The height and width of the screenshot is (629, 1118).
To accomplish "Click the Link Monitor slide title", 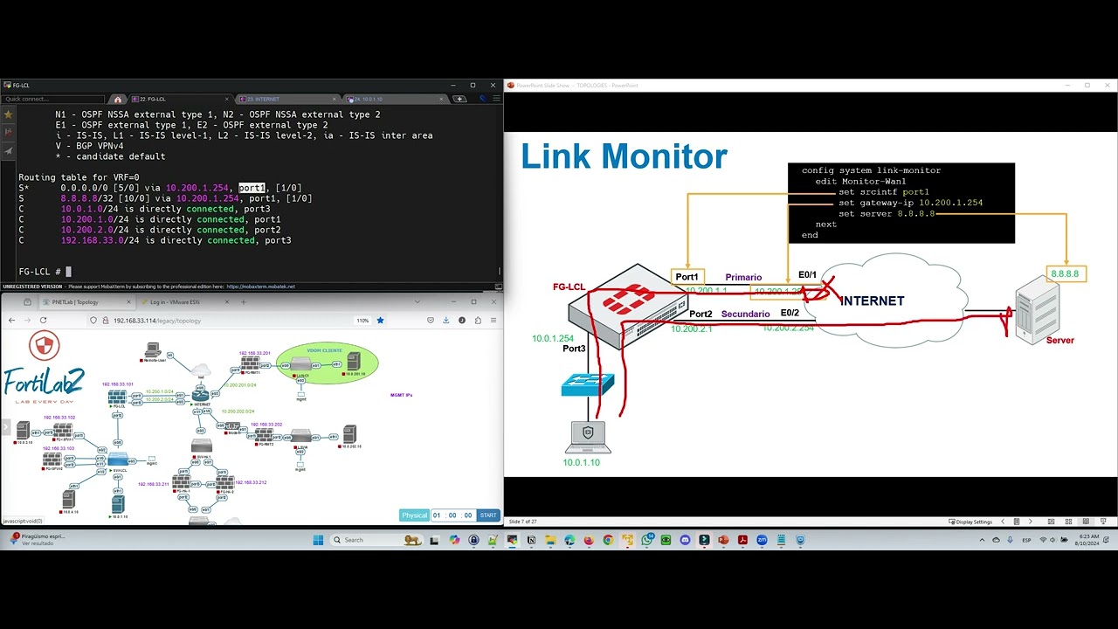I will (x=624, y=157).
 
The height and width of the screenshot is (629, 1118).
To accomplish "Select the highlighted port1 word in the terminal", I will (x=252, y=188).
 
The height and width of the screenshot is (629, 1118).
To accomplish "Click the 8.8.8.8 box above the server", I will (x=1065, y=273).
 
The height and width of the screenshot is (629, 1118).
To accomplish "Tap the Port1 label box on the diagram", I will (x=687, y=277).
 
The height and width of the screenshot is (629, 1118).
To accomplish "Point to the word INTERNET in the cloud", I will (x=872, y=301).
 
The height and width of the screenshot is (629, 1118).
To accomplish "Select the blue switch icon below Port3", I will (x=588, y=384).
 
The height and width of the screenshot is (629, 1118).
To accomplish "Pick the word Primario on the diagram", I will (x=743, y=278).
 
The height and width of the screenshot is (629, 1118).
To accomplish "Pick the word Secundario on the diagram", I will (x=745, y=314).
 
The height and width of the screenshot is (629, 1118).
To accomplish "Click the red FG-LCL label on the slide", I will (x=569, y=287).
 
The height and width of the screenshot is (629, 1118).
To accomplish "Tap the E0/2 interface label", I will (x=789, y=313).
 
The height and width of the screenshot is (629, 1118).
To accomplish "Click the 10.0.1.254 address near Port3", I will (x=552, y=338).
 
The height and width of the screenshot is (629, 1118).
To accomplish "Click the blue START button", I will (x=488, y=515).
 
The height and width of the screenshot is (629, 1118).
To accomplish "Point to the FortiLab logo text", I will (x=44, y=381).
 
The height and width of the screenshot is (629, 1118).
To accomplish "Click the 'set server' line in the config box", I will (x=886, y=213).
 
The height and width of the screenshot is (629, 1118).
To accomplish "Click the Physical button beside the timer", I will (x=414, y=515).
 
